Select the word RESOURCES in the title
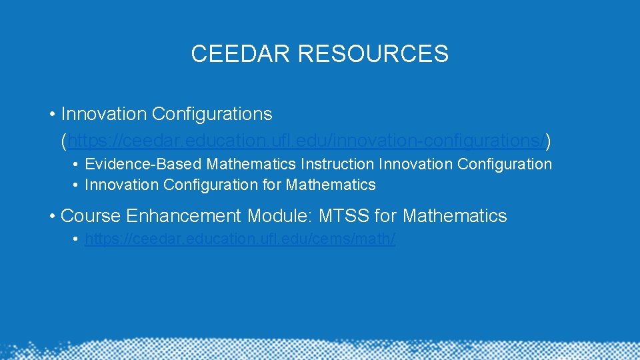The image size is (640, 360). (373, 53)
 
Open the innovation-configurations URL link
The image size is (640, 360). (306, 141)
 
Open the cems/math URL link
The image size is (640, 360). (240, 239)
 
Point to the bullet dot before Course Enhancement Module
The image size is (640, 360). (52, 217)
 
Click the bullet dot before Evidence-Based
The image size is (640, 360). (77, 165)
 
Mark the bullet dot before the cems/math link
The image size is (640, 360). (77, 239)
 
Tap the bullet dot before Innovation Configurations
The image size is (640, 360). (52, 115)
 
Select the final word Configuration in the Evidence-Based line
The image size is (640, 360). (505, 164)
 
